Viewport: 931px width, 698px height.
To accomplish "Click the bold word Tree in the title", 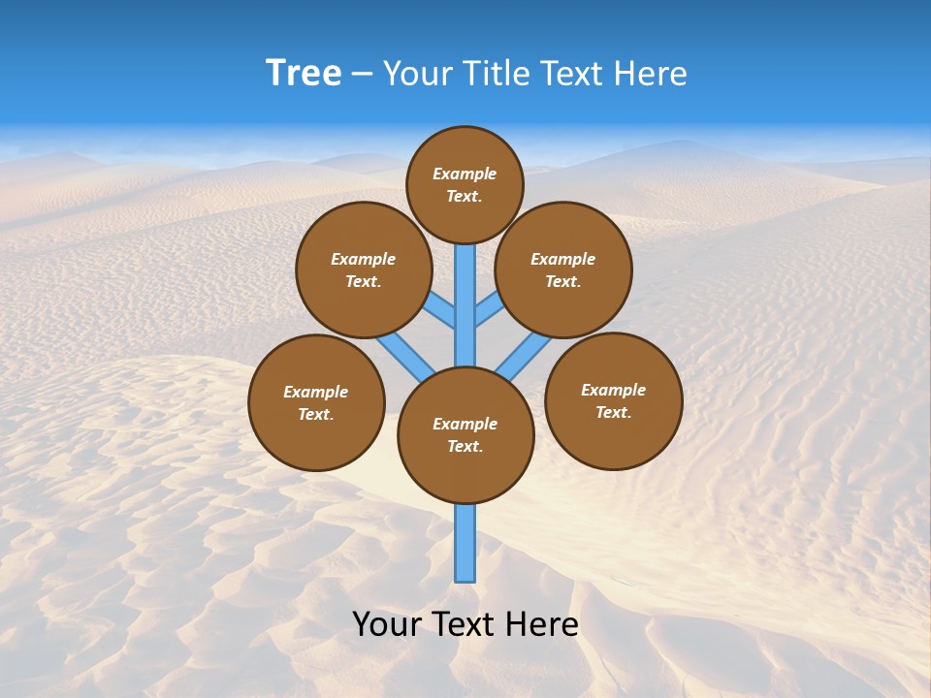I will [304, 73].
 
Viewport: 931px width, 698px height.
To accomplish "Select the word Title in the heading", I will [495, 73].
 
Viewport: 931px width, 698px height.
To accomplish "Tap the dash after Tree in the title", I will [363, 74].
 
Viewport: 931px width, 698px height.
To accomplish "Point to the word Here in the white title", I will [653, 73].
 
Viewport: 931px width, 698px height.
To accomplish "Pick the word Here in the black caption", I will [541, 624].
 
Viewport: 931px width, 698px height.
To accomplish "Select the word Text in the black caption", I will [464, 624].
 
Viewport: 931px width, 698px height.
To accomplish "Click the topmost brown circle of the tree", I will [465, 185].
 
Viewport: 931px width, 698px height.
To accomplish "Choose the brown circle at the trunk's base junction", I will [465, 435].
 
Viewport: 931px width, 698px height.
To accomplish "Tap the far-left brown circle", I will [316, 402].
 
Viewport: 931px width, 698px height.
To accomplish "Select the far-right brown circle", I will [613, 400].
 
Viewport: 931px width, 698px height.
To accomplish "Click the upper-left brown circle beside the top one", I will [364, 270].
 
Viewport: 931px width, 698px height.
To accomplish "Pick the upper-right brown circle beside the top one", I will [563, 270].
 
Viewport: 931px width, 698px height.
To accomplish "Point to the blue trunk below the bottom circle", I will [465, 543].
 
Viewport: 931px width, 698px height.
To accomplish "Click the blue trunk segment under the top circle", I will [465, 291].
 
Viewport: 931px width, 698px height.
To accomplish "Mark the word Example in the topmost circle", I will [465, 174].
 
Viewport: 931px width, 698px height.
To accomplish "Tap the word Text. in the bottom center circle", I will [465, 446].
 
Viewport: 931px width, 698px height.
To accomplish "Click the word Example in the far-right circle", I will [613, 390].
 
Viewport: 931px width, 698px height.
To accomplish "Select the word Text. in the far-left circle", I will [315, 414].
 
